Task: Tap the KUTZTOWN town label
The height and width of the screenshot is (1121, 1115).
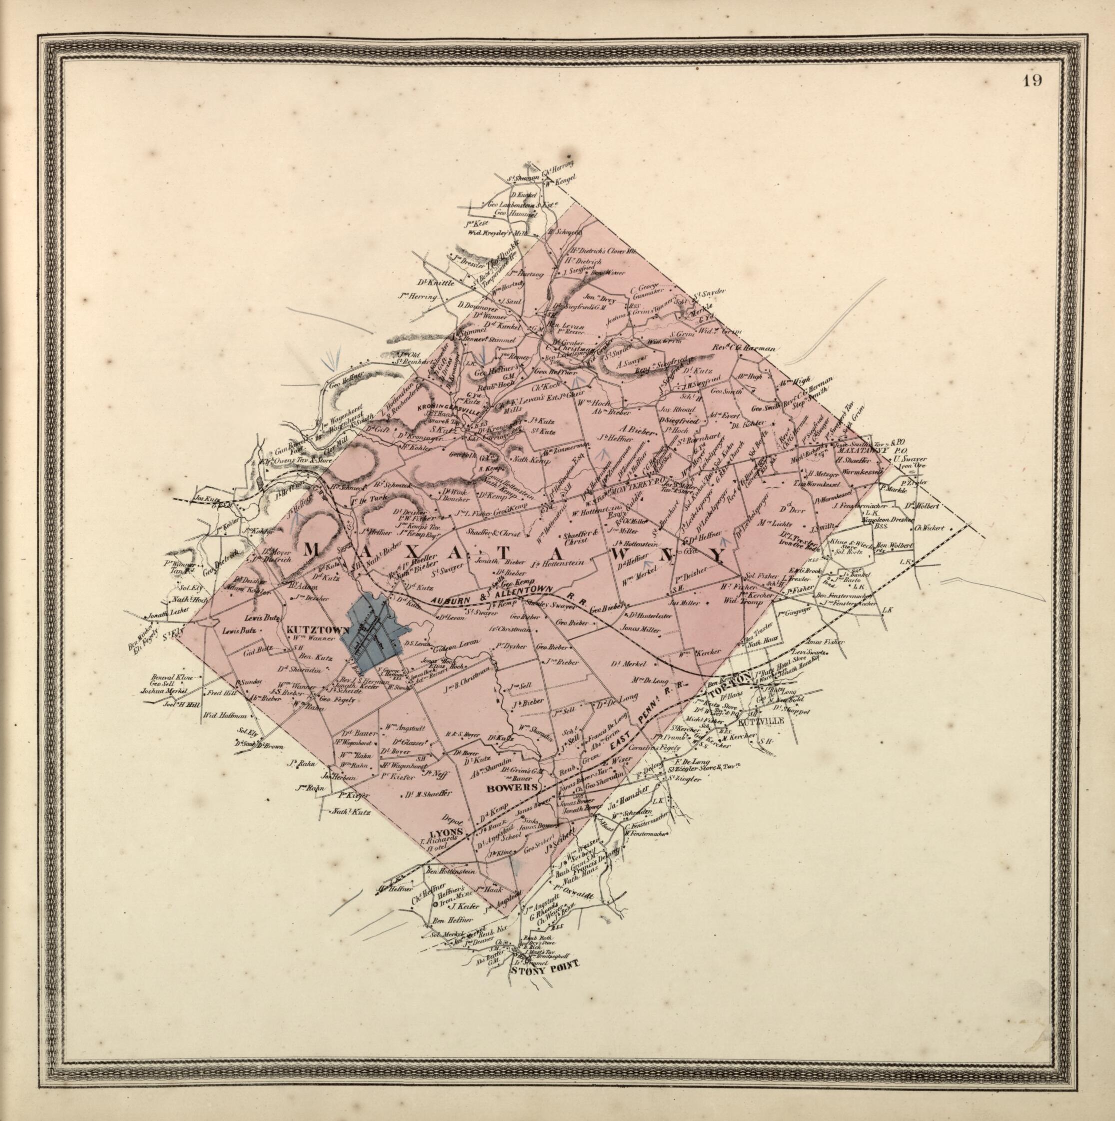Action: [x=315, y=629]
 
